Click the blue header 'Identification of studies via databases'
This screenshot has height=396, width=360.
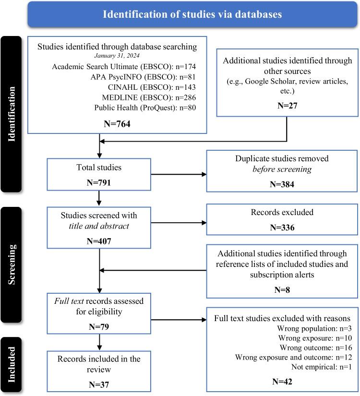coord(192,14)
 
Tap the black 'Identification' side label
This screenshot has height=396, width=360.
coord(12,114)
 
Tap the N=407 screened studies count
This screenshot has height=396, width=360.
coord(99,240)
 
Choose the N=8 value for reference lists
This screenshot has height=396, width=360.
coord(283,289)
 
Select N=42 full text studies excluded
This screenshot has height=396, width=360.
coord(283,383)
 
